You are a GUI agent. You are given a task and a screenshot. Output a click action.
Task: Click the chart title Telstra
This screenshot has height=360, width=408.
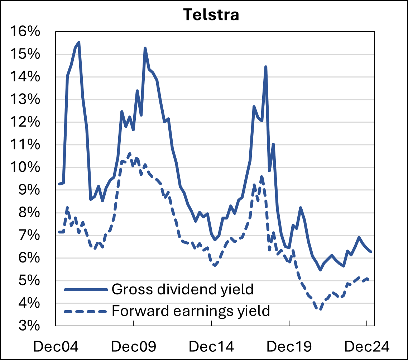point(211,15)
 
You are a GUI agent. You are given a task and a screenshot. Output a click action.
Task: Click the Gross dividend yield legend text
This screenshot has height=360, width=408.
point(183,289)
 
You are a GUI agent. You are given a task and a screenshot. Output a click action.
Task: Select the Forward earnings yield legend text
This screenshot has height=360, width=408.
point(191,311)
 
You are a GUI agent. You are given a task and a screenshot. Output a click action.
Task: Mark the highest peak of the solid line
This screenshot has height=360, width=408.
point(78,42)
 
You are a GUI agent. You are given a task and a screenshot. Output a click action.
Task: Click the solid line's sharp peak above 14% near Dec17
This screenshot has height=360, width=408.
point(265,67)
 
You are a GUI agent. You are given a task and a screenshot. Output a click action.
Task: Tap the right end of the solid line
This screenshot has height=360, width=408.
point(371,252)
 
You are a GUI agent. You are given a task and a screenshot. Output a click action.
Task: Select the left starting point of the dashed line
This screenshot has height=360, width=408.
point(59,232)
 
